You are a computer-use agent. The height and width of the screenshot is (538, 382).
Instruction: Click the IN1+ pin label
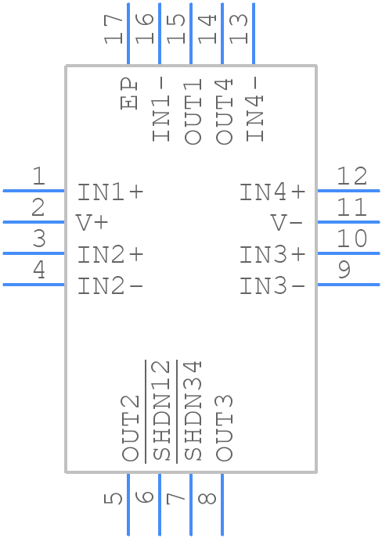tap(110, 192)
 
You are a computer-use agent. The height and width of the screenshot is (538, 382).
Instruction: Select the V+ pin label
tap(92, 223)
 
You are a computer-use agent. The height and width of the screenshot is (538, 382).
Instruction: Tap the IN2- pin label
tap(110, 286)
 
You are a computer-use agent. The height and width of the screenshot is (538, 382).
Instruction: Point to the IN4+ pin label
tap(272, 192)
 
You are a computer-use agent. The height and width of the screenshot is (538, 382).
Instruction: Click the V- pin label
tap(287, 223)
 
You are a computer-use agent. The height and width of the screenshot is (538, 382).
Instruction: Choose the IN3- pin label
tap(272, 286)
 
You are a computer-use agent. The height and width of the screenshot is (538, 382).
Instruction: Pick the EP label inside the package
tap(129, 94)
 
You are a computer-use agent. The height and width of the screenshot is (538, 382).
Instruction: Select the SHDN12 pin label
tap(161, 411)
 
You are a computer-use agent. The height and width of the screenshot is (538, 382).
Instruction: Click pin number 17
tap(114, 29)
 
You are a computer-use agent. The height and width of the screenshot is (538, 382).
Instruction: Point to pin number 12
tap(351, 176)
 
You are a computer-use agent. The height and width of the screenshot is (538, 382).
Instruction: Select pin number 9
tap(344, 271)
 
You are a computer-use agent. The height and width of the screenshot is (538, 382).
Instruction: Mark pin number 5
tap(114, 498)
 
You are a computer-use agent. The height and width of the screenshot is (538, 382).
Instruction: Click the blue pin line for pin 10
tap(348, 253)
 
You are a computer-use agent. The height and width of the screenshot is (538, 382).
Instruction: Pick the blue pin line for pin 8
tap(222, 504)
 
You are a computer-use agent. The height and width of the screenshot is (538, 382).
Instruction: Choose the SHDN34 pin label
tap(193, 411)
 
